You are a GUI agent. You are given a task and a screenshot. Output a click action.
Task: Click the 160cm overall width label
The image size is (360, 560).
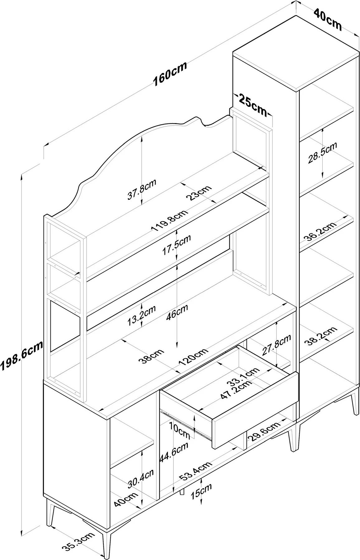click(x=170, y=74)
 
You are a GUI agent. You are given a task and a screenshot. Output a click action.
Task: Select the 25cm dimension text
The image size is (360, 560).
click(x=253, y=105)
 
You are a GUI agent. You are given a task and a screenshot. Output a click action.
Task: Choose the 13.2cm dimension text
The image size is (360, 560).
click(x=141, y=316)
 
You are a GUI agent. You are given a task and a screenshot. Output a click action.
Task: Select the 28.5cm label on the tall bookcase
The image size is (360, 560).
click(x=322, y=153)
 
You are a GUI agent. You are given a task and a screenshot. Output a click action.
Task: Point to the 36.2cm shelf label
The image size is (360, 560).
click(x=320, y=232)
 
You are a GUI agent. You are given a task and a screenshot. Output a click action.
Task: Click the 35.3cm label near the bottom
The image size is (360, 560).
click(x=78, y=542)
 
